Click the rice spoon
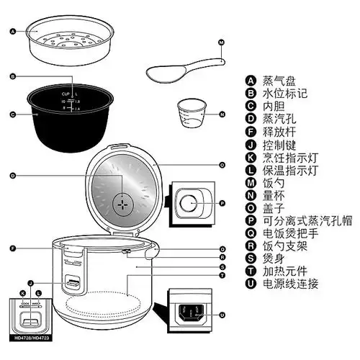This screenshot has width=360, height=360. pos(173,70)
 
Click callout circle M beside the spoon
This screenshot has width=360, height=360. pos(221,43)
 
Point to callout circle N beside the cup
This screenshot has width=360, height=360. pos(222,114)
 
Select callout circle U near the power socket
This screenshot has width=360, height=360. pos(222,315)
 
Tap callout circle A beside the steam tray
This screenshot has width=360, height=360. pos(13,32)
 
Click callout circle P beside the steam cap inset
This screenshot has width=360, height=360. pos(222,204)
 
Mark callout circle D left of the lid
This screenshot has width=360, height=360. pos(13,176)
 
